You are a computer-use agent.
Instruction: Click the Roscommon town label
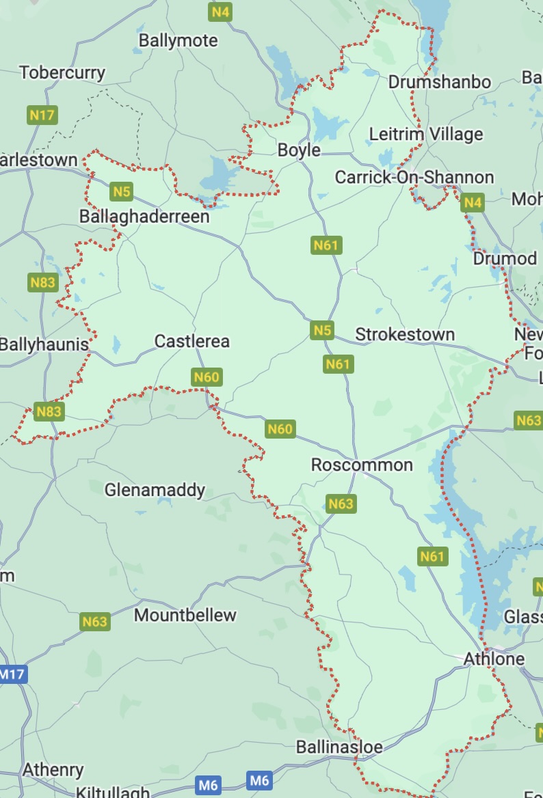(362, 465)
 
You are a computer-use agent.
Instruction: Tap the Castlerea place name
(192, 341)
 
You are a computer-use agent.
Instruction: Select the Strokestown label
(405, 335)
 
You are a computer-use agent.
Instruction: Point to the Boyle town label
(299, 150)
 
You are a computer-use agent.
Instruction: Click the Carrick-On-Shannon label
(414, 178)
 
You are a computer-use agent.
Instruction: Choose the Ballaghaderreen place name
(144, 217)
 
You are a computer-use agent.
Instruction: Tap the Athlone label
(494, 659)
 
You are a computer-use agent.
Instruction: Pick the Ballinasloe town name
(339, 747)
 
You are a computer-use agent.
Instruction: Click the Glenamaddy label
(155, 490)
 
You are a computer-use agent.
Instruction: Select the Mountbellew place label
(185, 615)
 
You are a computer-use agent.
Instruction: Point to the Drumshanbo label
(439, 82)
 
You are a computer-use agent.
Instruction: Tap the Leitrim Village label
(425, 134)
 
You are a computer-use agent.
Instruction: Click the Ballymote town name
(178, 40)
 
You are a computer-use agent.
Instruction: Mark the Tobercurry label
(62, 72)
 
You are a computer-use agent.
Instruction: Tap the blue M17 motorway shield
(12, 674)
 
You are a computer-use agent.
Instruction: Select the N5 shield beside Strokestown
(322, 331)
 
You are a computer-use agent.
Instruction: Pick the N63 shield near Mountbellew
(94, 622)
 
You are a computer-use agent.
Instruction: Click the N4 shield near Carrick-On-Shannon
(473, 202)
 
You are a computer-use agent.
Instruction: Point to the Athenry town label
(53, 770)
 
